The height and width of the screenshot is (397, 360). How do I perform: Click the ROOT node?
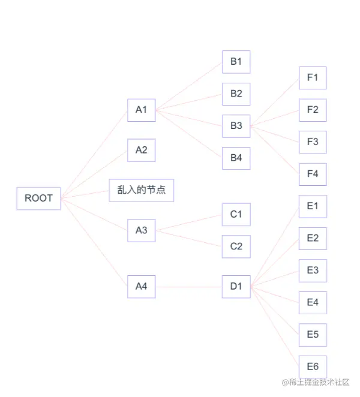click(x=38, y=198)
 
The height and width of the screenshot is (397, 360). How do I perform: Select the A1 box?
click(x=141, y=110)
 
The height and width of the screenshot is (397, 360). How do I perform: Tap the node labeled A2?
click(x=141, y=150)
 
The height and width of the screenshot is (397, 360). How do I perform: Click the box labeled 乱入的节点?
click(x=141, y=191)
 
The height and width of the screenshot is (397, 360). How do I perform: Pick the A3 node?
click(x=141, y=230)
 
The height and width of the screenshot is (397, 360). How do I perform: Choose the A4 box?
click(x=141, y=287)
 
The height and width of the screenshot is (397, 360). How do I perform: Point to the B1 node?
click(x=236, y=62)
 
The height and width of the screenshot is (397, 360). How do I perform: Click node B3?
click(x=236, y=126)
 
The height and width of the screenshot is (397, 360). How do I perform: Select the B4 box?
click(x=236, y=158)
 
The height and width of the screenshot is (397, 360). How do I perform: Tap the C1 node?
click(x=236, y=214)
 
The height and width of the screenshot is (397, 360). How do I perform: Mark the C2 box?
click(x=236, y=246)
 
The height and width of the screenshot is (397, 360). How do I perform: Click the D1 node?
click(x=236, y=287)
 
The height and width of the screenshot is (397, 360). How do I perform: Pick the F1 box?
click(x=313, y=77)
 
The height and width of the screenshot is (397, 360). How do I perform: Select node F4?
click(x=313, y=174)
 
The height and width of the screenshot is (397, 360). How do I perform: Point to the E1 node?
click(x=313, y=206)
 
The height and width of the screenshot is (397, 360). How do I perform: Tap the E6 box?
click(x=313, y=366)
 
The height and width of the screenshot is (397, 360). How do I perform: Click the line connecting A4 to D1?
click(x=188, y=287)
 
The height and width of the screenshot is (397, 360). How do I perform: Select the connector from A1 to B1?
click(x=188, y=86)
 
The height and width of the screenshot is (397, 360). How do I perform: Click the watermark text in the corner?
click(x=315, y=382)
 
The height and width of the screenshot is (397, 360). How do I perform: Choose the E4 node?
click(x=313, y=302)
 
